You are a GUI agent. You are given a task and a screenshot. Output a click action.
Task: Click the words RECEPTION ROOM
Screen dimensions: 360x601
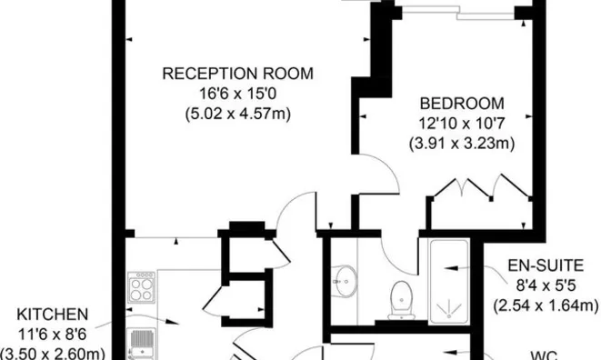coord(236,74)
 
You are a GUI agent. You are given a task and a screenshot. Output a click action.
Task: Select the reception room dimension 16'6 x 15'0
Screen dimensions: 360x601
coord(236,94)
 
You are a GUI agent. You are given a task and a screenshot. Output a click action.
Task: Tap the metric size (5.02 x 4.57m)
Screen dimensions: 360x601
coord(236,114)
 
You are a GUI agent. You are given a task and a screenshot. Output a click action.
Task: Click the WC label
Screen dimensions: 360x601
coord(545,355)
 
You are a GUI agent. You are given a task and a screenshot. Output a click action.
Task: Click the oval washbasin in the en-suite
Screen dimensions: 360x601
coord(346,277)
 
